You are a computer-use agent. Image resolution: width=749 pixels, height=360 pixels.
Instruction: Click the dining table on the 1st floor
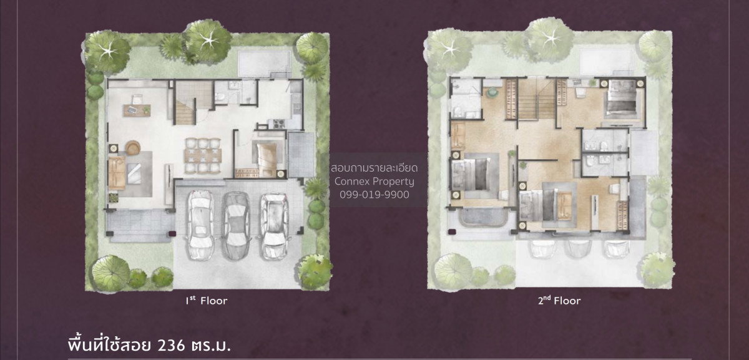tap(203, 155)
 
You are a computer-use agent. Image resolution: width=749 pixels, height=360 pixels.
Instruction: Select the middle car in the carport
tap(237, 226)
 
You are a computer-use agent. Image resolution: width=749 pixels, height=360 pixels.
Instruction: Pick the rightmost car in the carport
tap(274, 226)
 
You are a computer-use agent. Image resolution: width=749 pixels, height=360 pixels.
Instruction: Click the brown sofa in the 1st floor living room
tap(117, 173)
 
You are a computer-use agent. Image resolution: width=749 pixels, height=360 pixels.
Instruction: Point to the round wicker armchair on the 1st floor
tap(133, 147)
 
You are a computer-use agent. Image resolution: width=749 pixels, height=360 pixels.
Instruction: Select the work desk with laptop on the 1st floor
tap(137, 110)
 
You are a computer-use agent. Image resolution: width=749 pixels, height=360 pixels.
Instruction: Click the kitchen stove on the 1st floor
tap(278, 124)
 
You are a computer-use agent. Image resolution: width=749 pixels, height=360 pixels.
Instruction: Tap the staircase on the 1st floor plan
tap(185, 103)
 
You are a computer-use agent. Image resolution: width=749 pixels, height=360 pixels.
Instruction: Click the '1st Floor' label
tap(207, 301)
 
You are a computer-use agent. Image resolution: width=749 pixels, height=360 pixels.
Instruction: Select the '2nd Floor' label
tap(559, 301)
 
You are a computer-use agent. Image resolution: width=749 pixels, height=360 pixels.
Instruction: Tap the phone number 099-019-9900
tap(374, 195)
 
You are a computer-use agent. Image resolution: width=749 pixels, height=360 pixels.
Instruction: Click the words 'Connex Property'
tap(374, 181)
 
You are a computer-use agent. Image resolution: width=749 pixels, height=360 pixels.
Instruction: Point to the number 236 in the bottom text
tap(171, 345)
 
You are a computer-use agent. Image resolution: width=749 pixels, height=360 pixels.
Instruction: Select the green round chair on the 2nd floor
tap(492, 92)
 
